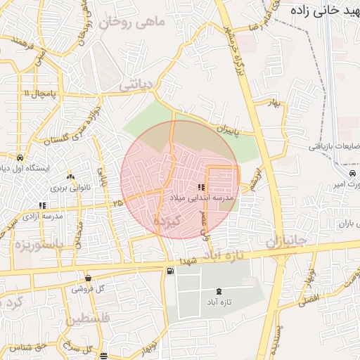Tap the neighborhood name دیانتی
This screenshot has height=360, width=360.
coord(136,86)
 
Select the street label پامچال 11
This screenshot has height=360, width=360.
coord(38,94)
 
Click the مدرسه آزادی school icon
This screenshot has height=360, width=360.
coord(43,205)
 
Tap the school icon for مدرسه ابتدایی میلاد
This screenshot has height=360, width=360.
coord(201,188)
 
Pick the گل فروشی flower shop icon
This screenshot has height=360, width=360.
coord(88,278)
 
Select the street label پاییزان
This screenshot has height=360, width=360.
coord(228,130)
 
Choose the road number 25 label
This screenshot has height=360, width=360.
coord(117,202)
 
